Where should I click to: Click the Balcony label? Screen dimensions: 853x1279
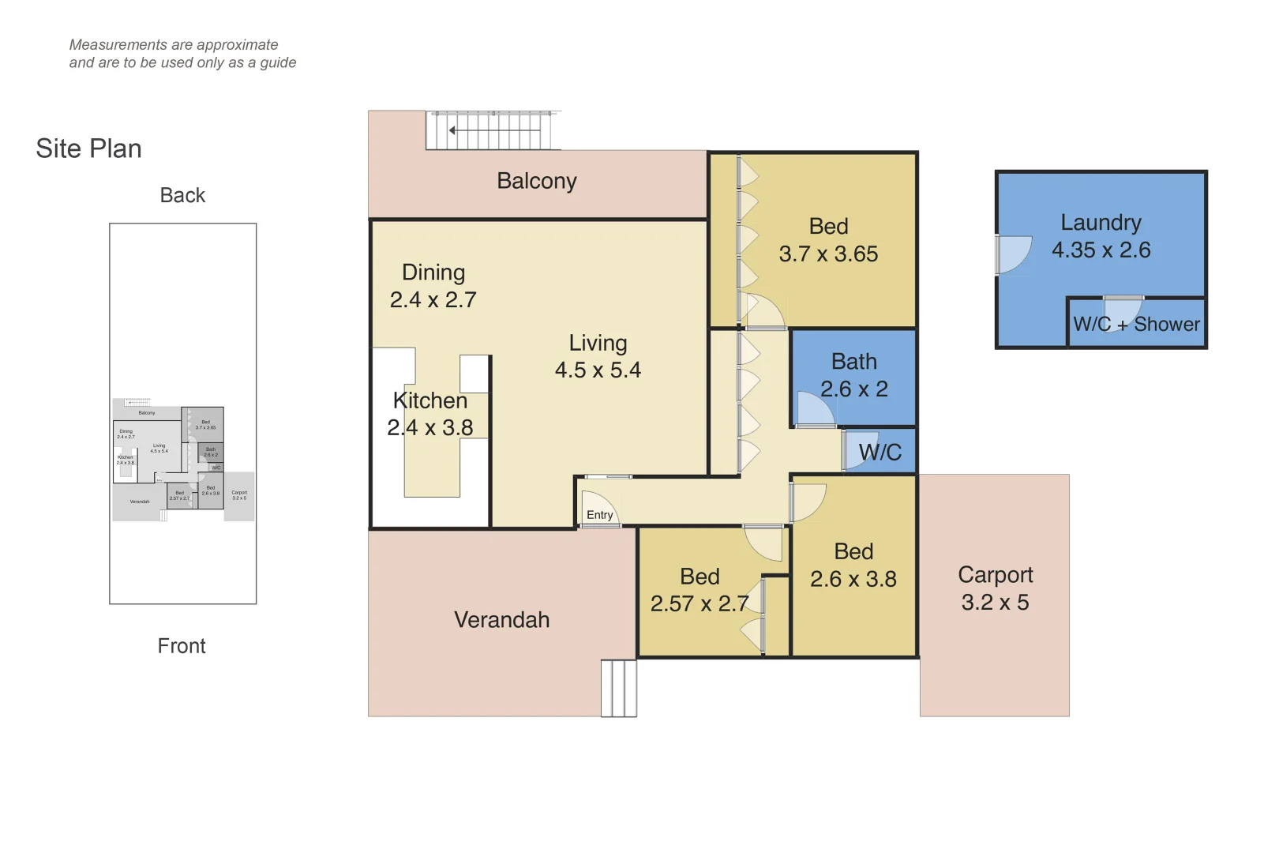(536, 181)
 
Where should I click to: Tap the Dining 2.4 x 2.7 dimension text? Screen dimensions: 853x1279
(433, 300)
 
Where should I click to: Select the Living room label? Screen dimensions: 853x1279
(598, 343)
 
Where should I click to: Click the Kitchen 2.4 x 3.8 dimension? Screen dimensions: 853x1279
(430, 428)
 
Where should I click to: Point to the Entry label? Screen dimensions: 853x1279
(599, 515)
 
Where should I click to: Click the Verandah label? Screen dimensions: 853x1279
(501, 620)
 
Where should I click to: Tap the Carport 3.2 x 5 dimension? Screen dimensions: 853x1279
(995, 603)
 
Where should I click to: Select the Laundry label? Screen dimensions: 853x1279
(1101, 223)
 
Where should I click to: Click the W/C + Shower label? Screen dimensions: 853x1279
(1135, 325)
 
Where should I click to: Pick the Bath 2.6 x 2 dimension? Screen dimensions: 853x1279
(853, 389)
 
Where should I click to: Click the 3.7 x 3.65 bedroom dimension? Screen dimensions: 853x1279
(828, 254)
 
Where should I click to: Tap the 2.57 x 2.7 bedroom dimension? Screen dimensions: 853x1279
(699, 604)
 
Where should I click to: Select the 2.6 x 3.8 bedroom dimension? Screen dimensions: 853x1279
(853, 580)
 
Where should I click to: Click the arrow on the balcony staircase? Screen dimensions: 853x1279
(452, 130)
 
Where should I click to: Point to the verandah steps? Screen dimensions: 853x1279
(618, 688)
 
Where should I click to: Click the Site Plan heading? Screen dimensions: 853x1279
(88, 148)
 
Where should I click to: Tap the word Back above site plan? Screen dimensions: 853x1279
(182, 195)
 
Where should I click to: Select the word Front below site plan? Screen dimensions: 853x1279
(182, 646)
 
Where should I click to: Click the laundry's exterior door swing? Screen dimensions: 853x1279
(1014, 254)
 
